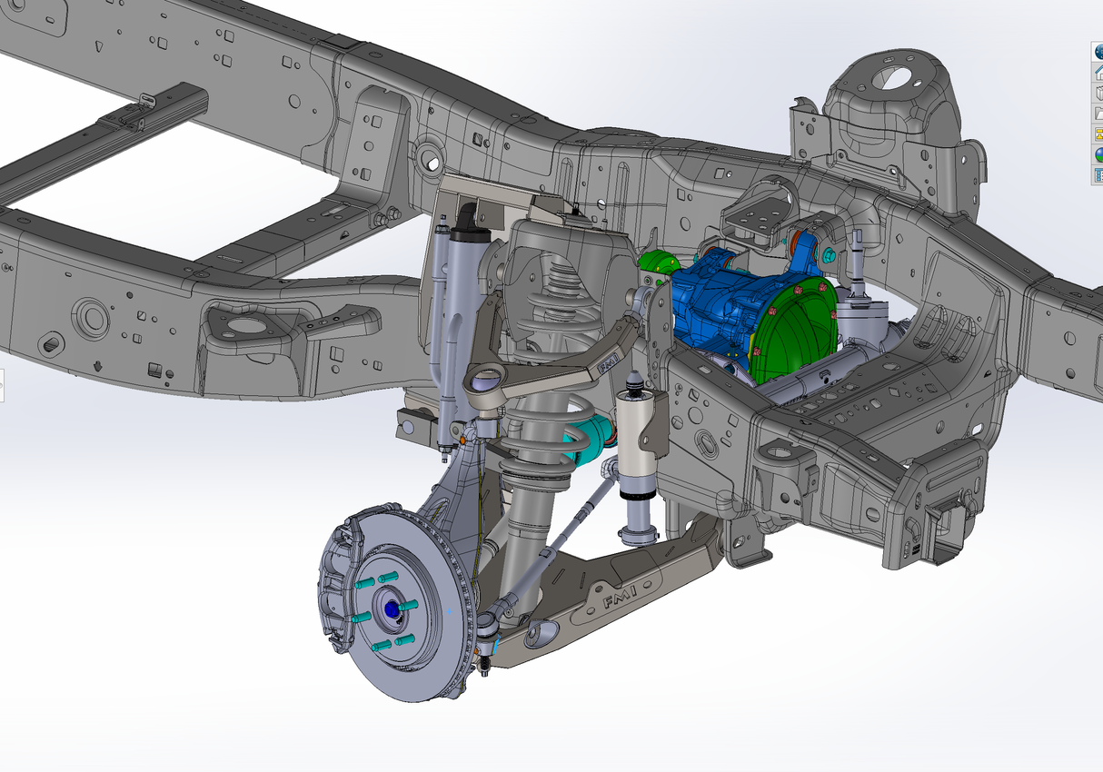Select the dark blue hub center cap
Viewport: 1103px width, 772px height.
pyautogui.click(x=392, y=609)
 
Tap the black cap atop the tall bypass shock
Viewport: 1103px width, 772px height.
pyautogui.click(x=467, y=216)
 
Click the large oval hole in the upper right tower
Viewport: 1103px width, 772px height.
pyautogui.click(x=896, y=76)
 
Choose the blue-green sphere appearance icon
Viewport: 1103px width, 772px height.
pyautogui.click(x=1097, y=153)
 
